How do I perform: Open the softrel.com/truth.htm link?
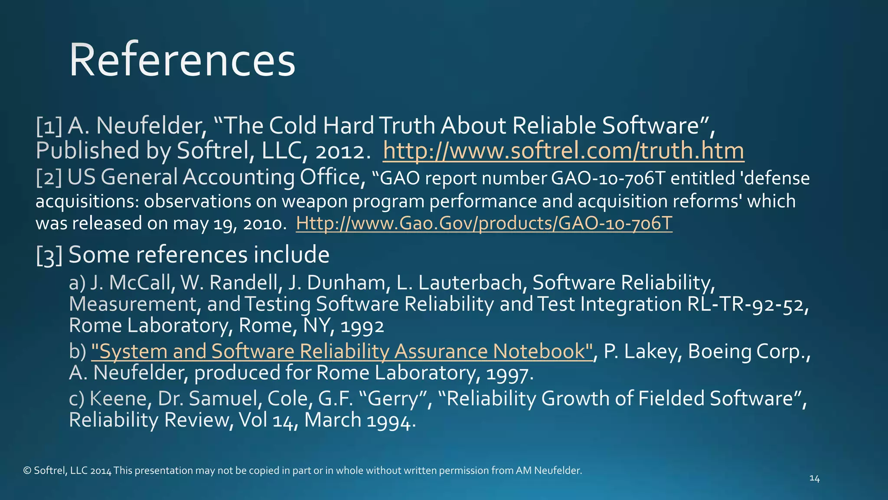pos(563,151)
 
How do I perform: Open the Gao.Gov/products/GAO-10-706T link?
pos(484,224)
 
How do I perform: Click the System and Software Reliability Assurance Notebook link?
pos(342,352)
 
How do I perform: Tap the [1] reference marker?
pos(49,126)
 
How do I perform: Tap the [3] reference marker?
pos(49,255)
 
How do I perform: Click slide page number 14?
pos(814,478)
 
